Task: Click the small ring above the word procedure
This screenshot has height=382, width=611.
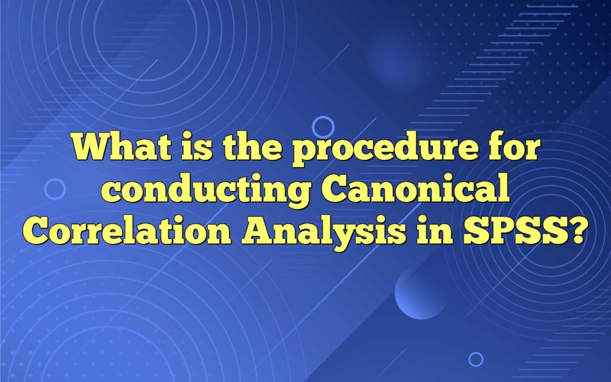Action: pos(323,127)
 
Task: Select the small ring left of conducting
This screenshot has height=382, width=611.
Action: pos(55,189)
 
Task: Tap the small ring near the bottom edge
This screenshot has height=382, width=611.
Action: pos(476,359)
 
